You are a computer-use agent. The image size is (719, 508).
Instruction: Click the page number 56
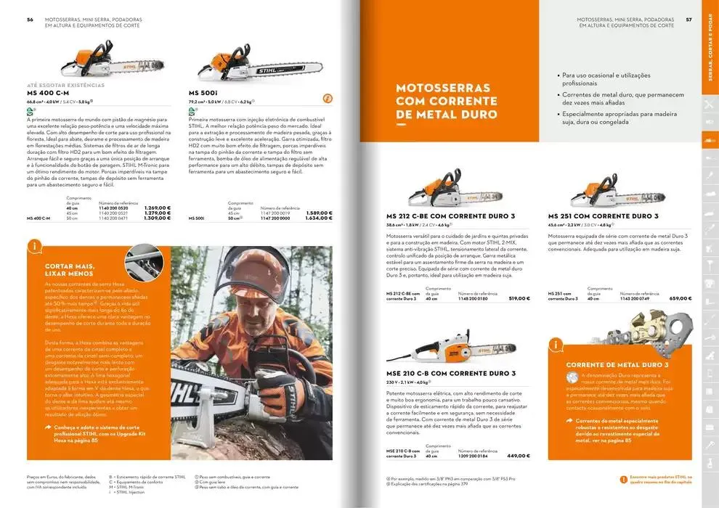(x=30, y=20)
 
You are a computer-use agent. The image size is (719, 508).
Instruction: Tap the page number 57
(x=688, y=20)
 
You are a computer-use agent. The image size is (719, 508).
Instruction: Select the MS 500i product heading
(x=203, y=94)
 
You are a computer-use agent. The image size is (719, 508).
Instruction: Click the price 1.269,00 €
(x=158, y=208)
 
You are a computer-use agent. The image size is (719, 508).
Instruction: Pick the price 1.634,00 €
(x=318, y=218)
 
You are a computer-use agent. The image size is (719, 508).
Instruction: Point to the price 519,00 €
(x=519, y=298)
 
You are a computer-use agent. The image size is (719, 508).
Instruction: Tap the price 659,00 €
(x=680, y=298)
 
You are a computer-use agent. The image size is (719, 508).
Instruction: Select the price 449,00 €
(x=519, y=456)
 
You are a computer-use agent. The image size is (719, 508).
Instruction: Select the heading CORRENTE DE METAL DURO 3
(x=616, y=364)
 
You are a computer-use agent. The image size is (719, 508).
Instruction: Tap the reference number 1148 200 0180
(x=474, y=298)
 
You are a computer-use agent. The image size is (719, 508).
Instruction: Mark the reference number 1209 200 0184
(x=474, y=456)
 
